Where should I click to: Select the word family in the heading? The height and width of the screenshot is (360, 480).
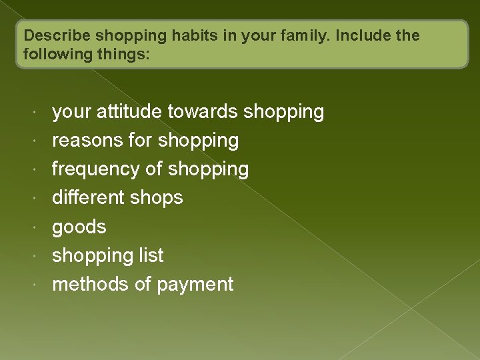pos(299,35)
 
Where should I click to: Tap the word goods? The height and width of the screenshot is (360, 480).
pos(79,227)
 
